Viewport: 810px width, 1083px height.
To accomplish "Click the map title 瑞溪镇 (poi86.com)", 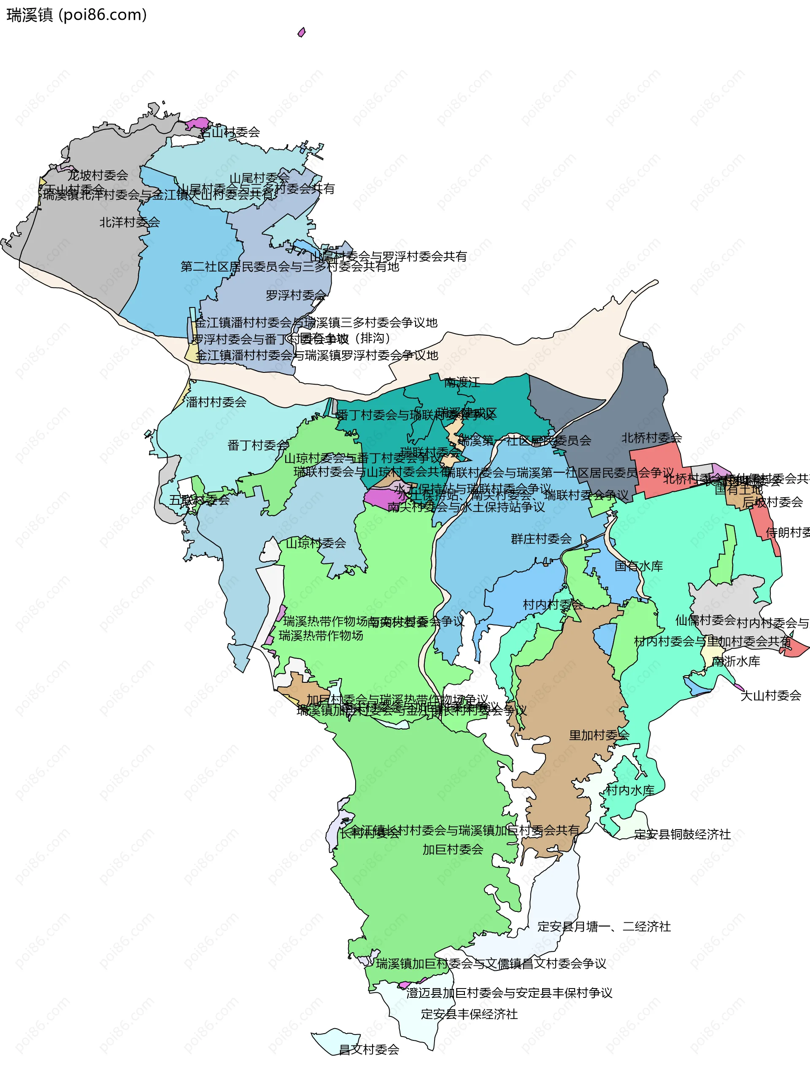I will point(76,15).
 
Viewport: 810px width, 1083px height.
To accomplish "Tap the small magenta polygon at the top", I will point(302,32).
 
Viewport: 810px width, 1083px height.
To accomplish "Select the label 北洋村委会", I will point(130,222).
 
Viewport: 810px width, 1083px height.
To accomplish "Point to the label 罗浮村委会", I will point(296,295).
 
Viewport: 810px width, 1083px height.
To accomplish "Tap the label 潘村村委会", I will point(216,402).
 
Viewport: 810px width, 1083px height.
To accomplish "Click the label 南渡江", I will point(462,383).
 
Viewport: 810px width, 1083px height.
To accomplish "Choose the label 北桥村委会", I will point(651,438).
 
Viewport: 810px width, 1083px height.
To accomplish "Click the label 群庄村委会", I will point(541,539).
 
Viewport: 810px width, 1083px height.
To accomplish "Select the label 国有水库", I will point(639,566).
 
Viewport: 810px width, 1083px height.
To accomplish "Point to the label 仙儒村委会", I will point(705,620).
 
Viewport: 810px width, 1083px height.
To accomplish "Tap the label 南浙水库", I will point(736,661).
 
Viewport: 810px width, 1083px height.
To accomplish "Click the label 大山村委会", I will point(770,695).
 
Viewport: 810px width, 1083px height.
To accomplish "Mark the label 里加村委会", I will point(599,735).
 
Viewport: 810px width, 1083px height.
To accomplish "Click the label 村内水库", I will point(630,790).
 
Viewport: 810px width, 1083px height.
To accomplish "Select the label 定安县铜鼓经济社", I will point(682,834).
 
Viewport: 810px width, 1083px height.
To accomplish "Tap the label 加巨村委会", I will point(453,849).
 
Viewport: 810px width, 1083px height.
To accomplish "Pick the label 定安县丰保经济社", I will point(469,1014).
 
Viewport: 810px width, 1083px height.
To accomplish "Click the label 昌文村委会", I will point(369,1049).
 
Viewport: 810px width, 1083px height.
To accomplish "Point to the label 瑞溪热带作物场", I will point(321,636).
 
